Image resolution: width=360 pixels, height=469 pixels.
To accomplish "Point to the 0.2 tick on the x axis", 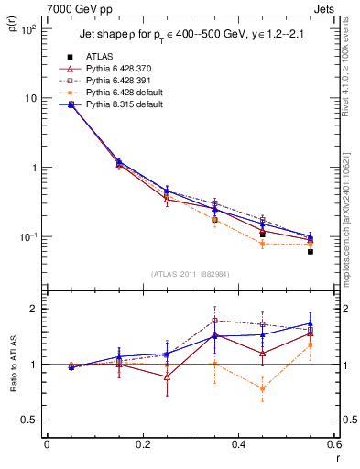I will point(142,445).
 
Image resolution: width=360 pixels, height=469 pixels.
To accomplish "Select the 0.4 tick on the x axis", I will point(238,445).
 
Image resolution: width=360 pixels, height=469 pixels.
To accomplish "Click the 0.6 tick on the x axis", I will point(333,445).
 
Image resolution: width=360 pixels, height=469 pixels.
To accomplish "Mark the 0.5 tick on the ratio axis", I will point(31,420).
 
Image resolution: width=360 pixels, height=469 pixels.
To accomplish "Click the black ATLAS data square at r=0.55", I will point(311,251).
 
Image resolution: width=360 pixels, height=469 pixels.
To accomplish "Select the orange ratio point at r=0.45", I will point(263,388).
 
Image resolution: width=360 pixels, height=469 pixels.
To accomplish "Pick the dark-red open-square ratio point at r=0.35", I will point(214,321).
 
